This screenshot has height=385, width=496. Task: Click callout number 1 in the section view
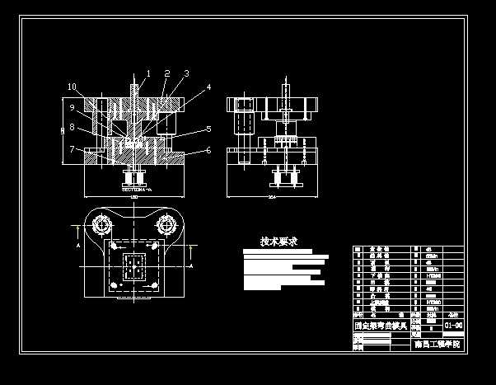click(148, 73)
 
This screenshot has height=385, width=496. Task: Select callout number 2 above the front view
click(167, 73)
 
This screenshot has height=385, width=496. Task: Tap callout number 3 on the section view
click(186, 73)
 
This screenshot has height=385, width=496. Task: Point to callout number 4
click(208, 87)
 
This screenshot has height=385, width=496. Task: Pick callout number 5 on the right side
click(208, 129)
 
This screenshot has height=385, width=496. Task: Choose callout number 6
click(208, 150)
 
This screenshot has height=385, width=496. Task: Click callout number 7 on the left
click(72, 148)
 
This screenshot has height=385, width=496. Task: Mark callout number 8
click(72, 127)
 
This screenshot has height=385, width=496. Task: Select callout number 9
click(72, 107)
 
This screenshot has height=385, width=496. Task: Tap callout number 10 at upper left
click(72, 87)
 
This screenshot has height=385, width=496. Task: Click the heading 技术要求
click(278, 242)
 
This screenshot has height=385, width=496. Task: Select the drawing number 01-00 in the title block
click(452, 326)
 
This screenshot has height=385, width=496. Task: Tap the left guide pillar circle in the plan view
click(102, 224)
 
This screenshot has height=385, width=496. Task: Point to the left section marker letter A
click(77, 246)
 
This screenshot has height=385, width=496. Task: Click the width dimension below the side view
click(272, 198)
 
